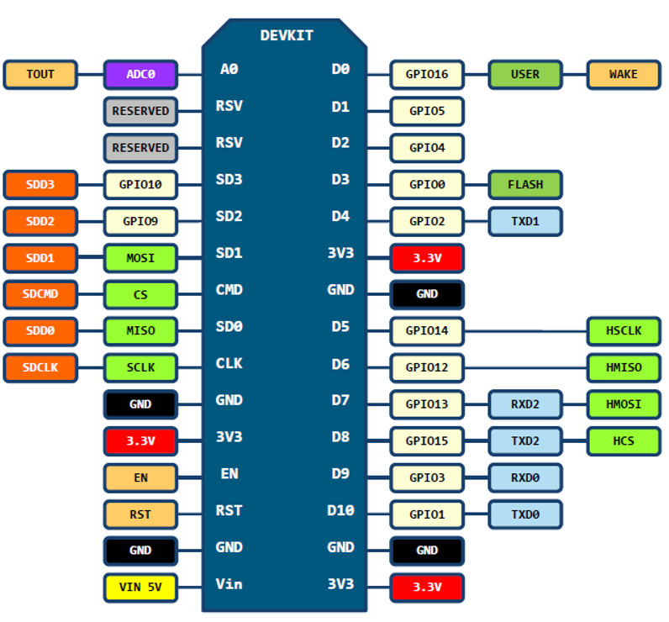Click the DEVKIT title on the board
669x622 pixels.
pos(287,35)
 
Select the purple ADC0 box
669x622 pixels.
pos(140,75)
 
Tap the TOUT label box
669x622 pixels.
pos(40,75)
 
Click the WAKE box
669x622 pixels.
pos(624,75)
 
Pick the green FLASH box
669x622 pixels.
pos(525,185)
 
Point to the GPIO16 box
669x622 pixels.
pos(427,75)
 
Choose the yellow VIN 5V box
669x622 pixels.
pos(140,588)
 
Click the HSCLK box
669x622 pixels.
pos(624,331)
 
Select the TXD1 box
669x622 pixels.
pos(525,221)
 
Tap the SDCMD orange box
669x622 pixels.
pos(40,294)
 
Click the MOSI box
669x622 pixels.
pos(140,258)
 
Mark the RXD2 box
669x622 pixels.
pos(525,404)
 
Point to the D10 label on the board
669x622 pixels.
pos(340,510)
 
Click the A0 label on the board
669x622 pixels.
pos(229,69)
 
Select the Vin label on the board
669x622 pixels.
pos(229,583)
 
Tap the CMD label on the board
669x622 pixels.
pos(229,290)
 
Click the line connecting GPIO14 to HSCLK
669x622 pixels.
pos(525,331)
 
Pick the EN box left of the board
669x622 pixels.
pos(140,477)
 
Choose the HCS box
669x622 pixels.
pos(624,441)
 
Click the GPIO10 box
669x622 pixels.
pos(140,185)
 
